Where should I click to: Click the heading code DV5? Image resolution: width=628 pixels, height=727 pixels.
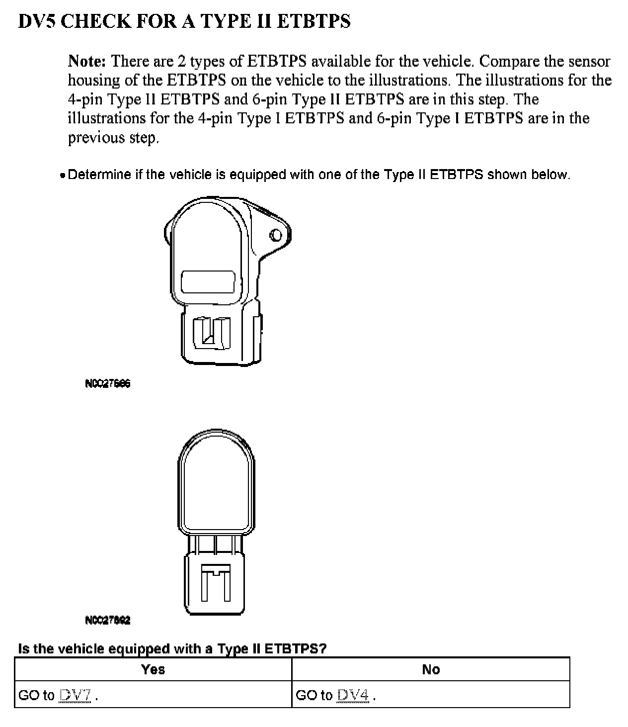click(36, 21)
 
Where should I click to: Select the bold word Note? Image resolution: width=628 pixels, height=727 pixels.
click(87, 61)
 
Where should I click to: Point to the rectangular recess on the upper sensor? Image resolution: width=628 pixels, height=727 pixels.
click(208, 282)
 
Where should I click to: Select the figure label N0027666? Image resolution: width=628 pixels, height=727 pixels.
click(108, 383)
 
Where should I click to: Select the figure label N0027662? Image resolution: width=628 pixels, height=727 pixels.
click(108, 620)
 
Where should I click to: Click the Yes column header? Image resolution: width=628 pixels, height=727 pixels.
click(153, 669)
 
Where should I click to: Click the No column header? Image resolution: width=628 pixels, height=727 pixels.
click(430, 669)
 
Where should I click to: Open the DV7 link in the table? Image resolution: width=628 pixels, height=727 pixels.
click(75, 695)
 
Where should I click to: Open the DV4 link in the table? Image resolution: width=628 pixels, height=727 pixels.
click(352, 695)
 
